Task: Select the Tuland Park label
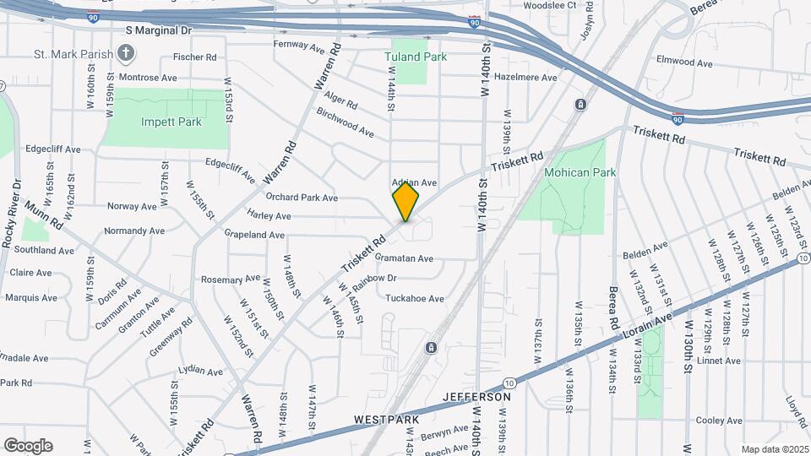(x=415, y=57)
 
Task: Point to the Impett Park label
(x=171, y=122)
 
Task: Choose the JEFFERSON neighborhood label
(x=477, y=396)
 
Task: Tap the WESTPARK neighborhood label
(x=382, y=419)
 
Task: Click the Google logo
(x=28, y=446)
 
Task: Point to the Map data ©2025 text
(x=774, y=449)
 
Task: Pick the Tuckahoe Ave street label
(x=414, y=298)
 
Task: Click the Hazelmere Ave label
(x=526, y=77)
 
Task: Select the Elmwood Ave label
(x=685, y=62)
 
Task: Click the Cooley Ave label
(x=719, y=421)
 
